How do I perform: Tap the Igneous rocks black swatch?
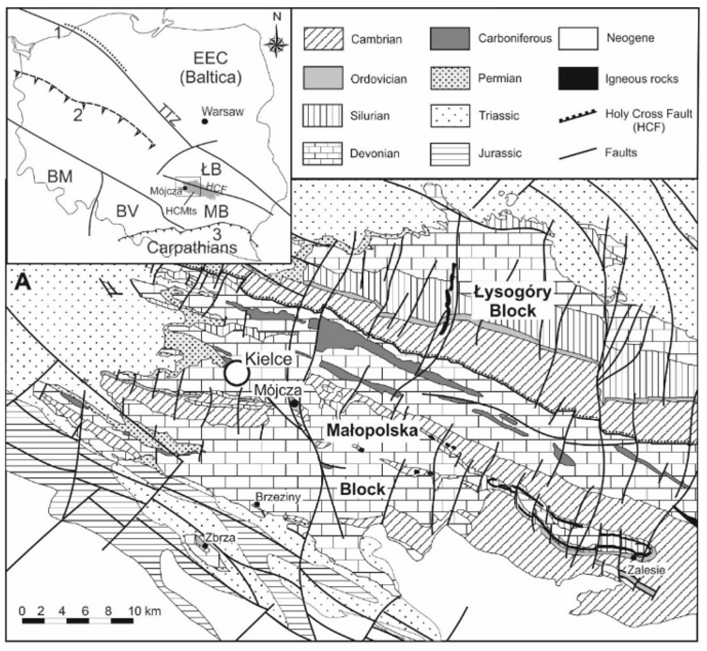point(578,78)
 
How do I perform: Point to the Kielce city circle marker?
point(238,373)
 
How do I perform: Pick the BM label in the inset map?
point(60,176)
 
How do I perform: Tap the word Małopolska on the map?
point(372,431)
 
